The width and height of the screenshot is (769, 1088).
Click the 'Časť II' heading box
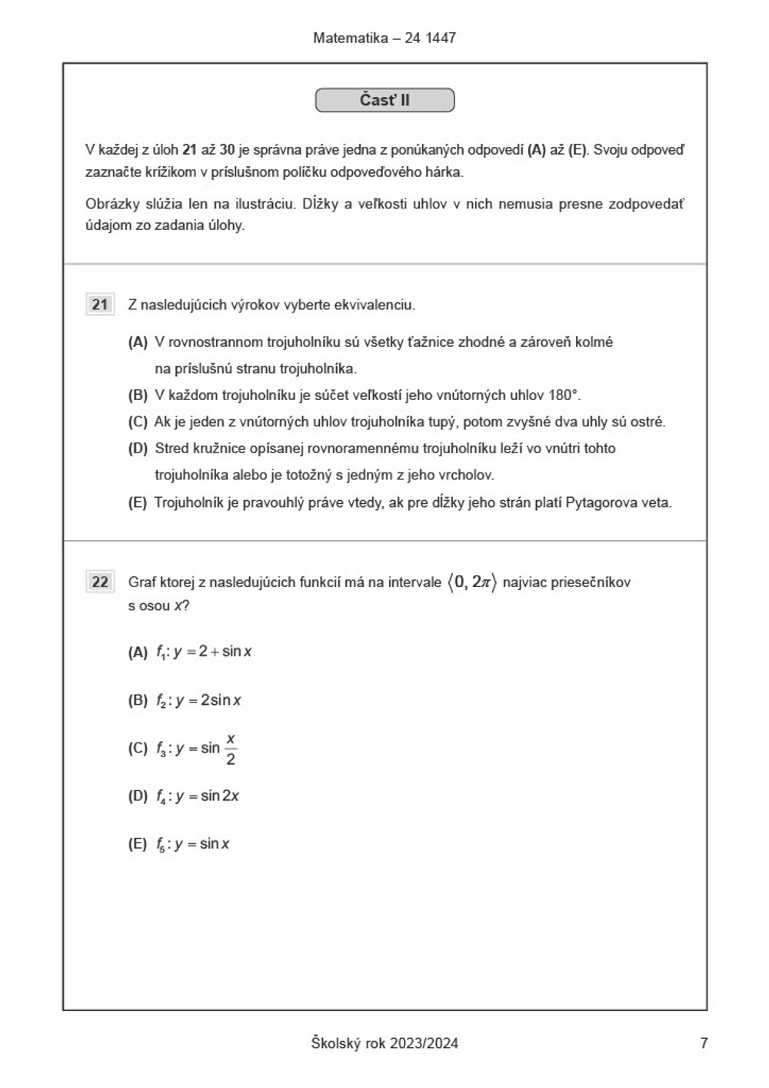(384, 100)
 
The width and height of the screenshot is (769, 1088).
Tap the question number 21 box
(100, 305)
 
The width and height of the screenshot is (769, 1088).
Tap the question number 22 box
(100, 582)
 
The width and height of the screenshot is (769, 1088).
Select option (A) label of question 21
(138, 342)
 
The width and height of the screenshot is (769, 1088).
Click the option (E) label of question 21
(138, 503)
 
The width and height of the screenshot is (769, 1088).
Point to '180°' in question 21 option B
(564, 395)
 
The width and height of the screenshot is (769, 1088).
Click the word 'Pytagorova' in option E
(597, 503)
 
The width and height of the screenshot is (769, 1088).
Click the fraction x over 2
(231, 749)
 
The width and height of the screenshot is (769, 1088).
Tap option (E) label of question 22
(138, 844)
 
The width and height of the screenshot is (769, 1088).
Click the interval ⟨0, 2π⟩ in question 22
(472, 582)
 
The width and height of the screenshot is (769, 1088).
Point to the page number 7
(704, 1043)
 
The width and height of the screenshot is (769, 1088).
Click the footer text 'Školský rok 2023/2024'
(384, 1043)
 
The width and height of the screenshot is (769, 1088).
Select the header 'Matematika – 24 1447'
(384, 38)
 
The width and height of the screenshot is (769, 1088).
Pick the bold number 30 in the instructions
(227, 150)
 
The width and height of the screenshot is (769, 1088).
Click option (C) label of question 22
(138, 749)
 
